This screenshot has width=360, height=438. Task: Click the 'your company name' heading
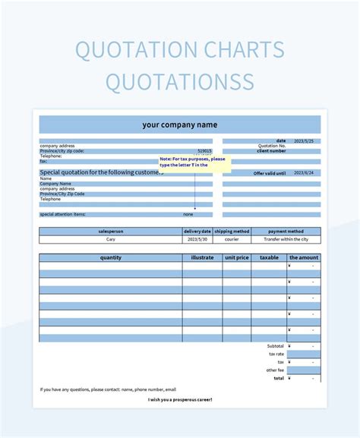(179, 124)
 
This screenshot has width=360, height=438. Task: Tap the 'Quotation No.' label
(272, 146)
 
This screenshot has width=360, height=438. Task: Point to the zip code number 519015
(204, 151)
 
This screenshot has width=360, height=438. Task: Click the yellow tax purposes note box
(193, 164)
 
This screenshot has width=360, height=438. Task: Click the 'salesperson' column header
(110, 231)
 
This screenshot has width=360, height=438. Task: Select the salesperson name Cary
(110, 239)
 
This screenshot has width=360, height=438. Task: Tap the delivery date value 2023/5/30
(197, 239)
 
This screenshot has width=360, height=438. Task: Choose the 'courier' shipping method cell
(232, 239)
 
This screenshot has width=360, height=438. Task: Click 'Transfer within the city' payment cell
(286, 239)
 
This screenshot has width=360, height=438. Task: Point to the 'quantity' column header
(110, 258)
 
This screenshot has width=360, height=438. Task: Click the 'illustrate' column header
(202, 258)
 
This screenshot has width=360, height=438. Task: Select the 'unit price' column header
(237, 258)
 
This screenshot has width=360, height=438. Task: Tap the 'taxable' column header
(269, 258)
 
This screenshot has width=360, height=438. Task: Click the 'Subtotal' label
(276, 345)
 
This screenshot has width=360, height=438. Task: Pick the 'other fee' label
(275, 370)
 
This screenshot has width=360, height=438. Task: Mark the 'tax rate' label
(276, 354)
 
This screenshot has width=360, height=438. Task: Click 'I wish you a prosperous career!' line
(180, 399)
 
